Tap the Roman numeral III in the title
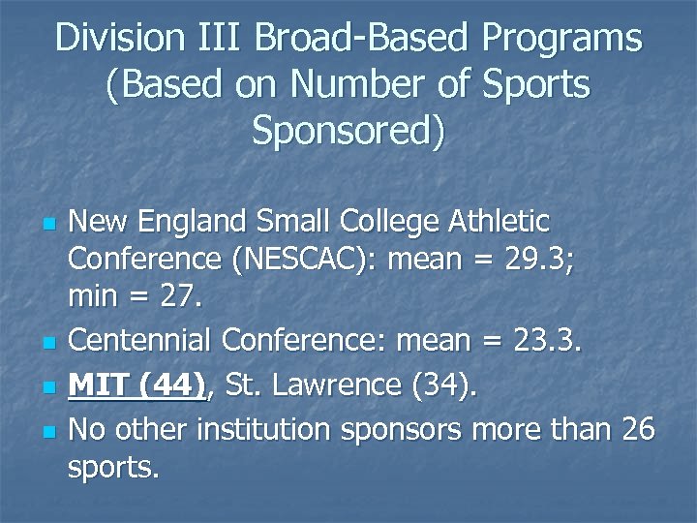click(x=220, y=39)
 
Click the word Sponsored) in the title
click(x=348, y=131)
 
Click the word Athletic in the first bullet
click(x=499, y=222)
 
